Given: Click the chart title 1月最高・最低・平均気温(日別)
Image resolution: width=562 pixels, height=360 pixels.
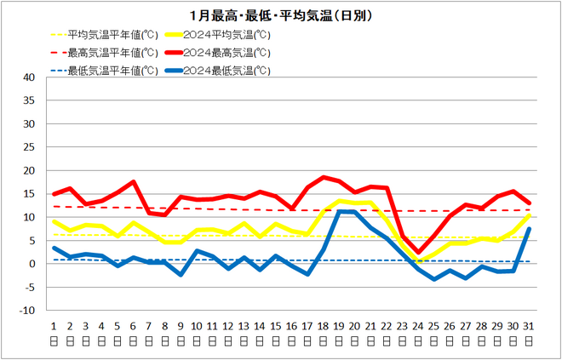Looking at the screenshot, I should (281, 15).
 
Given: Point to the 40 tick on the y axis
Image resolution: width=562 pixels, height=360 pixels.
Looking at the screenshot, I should (29, 77).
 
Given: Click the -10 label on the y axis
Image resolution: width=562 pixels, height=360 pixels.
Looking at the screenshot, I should (27, 311).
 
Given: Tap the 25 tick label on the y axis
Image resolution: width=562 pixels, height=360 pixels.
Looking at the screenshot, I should (29, 147).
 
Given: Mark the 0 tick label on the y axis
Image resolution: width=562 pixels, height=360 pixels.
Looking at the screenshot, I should (32, 264).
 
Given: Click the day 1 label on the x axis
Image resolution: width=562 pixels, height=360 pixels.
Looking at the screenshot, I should (53, 325).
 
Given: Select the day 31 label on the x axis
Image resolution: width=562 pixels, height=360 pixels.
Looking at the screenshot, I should (530, 325).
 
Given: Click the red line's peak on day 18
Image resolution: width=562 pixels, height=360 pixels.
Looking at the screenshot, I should (324, 177).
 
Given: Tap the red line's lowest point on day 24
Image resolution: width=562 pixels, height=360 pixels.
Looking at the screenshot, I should (419, 253).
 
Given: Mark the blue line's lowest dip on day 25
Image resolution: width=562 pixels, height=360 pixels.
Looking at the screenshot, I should (434, 279).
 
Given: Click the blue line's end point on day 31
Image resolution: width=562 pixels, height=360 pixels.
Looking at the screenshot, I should (530, 229).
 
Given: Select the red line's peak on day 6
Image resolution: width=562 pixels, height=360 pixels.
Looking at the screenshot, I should (133, 182).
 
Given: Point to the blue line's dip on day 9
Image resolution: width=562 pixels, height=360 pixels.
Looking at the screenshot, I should (181, 275).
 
